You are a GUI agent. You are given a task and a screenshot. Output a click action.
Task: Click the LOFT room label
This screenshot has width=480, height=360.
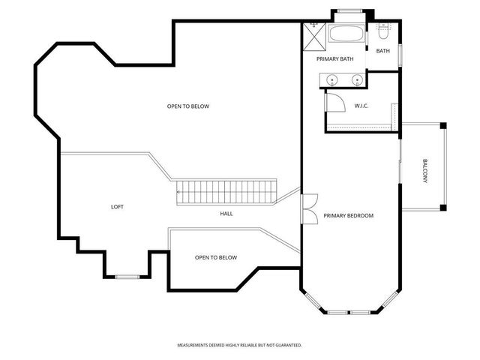pyautogui.click(x=116, y=206)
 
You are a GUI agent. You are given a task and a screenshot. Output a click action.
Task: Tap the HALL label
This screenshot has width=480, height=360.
pyautogui.click(x=226, y=214)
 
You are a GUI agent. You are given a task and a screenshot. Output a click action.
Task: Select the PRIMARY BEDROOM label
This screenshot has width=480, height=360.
pyautogui.click(x=348, y=216)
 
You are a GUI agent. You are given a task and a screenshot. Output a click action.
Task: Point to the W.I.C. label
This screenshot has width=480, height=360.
pyautogui.click(x=361, y=106)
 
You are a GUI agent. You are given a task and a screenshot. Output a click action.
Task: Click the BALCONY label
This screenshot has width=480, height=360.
pyautogui.click(x=424, y=172)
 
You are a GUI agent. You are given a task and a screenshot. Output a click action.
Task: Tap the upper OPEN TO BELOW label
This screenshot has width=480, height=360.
pyautogui.click(x=187, y=106)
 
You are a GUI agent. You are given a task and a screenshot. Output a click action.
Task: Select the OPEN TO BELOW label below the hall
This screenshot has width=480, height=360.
pyautogui.click(x=215, y=257)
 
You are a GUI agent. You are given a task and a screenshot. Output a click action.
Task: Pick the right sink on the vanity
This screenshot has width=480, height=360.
pyautogui.click(x=357, y=78)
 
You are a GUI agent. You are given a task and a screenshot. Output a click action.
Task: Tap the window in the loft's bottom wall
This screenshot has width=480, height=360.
pyautogui.click(x=127, y=277)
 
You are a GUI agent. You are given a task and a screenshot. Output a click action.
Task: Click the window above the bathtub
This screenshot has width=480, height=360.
pyautogui.click(x=346, y=10)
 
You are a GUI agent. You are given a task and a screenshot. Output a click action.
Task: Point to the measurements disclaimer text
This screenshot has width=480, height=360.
pyautogui.click(x=239, y=346)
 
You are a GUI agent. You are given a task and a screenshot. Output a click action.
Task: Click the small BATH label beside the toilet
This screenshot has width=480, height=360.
pyautogui.click(x=382, y=51)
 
